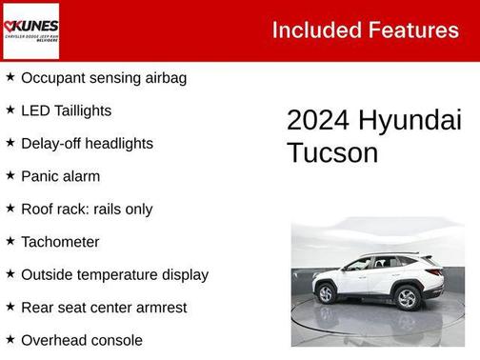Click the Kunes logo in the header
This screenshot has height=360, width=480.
[30, 30]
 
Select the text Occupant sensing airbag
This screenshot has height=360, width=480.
[103, 77]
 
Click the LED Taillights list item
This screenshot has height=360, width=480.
[66, 110]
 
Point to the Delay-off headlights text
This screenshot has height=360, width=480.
[87, 143]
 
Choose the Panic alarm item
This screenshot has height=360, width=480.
[60, 176]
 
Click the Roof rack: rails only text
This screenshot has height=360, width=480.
[87, 209]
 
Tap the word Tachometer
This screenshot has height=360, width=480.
[60, 242]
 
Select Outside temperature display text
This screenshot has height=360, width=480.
[114, 274]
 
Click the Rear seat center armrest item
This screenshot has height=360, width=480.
[104, 307]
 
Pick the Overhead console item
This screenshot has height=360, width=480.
[82, 340]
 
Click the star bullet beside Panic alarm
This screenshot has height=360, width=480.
[10, 175]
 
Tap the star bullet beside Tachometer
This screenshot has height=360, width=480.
[10, 241]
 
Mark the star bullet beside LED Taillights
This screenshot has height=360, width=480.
[10, 110]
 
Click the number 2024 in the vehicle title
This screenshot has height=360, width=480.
[318, 121]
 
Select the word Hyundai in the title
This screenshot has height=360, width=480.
[410, 121]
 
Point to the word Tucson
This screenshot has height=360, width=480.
[332, 153]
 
